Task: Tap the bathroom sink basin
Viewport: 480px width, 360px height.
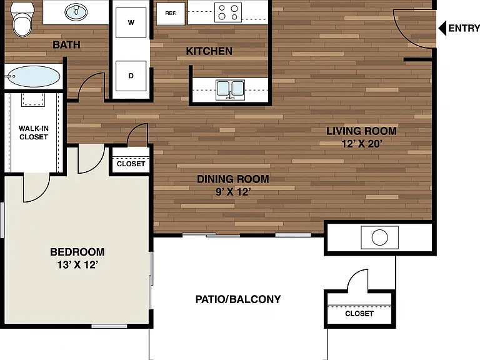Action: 76,12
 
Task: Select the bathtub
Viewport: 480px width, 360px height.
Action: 34,76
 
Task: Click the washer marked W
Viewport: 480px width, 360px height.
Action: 131,22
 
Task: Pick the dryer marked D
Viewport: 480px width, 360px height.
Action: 131,76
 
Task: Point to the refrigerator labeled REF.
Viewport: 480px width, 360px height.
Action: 171,14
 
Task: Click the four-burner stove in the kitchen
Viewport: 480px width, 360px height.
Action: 228,12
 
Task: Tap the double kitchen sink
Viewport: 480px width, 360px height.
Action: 230,90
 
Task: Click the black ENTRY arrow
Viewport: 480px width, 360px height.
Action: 442,29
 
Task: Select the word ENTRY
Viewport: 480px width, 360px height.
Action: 464,29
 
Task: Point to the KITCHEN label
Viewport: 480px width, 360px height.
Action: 209,51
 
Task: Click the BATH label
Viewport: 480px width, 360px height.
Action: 66,45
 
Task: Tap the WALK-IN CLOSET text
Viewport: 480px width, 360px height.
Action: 34,132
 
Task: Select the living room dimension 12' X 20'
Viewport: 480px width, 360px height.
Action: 361,144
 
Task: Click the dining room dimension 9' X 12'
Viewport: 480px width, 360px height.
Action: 233,192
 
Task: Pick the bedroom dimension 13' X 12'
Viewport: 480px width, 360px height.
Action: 77,264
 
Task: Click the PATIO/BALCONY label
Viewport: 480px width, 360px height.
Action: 238,299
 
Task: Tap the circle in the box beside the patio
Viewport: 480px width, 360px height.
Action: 379,237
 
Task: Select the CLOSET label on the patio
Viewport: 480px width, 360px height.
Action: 359,314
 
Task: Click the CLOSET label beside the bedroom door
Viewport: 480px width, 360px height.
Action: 131,164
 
